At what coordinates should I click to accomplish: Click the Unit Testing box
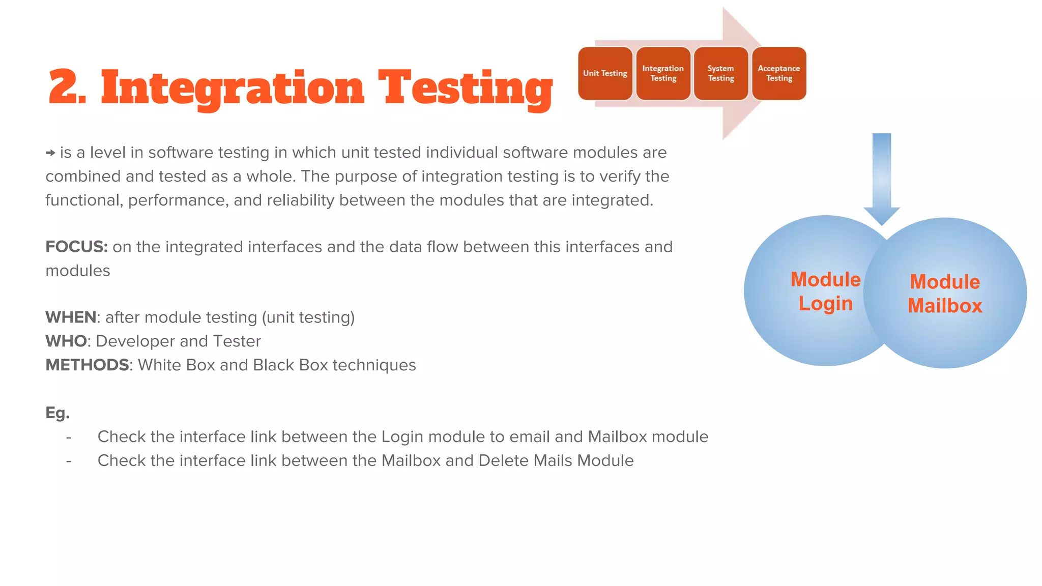(x=605, y=73)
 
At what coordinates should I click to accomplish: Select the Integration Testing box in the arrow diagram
(x=663, y=73)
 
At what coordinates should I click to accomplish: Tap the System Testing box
(x=721, y=73)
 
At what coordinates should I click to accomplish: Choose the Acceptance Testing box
(x=779, y=73)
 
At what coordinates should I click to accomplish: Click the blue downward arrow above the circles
(x=882, y=178)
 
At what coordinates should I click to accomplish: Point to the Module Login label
(x=825, y=291)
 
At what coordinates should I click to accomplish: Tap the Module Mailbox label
(x=945, y=294)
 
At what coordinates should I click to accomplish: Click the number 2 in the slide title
(x=65, y=87)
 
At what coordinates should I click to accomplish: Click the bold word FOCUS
(x=76, y=247)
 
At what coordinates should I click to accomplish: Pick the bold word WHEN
(x=71, y=317)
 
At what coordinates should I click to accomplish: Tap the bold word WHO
(x=66, y=341)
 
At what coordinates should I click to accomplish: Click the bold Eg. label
(x=57, y=413)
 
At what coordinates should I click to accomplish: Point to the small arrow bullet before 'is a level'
(x=50, y=153)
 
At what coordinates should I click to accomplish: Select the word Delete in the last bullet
(x=503, y=461)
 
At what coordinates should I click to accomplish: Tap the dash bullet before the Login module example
(x=69, y=437)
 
